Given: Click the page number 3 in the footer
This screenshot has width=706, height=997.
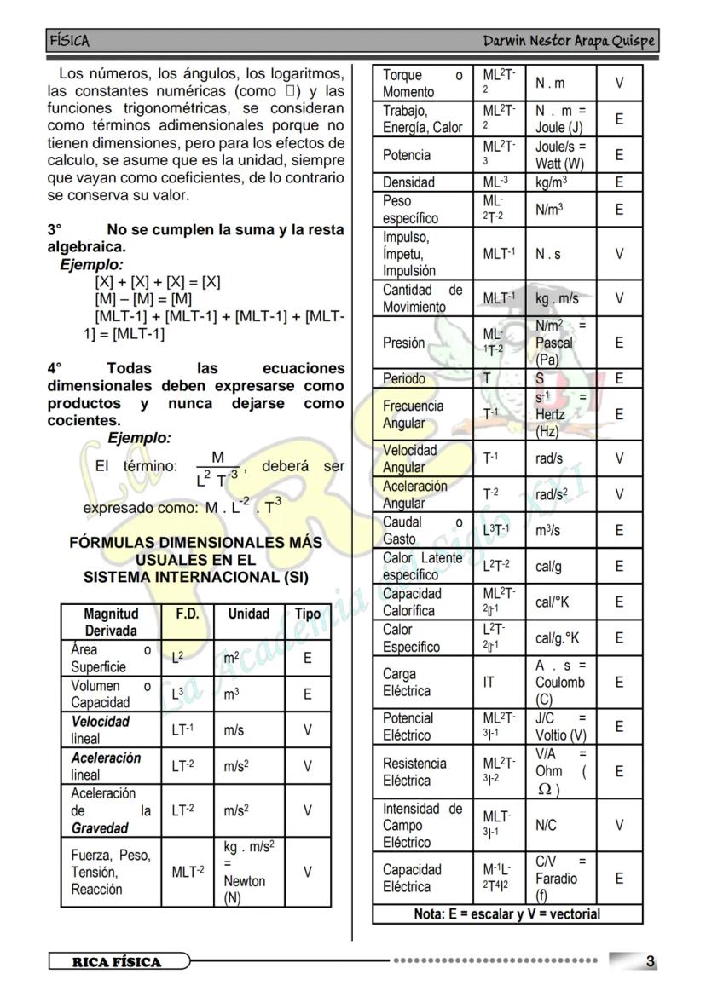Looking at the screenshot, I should tap(650, 961).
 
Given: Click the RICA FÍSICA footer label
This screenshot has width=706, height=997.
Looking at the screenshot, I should tap(117, 962).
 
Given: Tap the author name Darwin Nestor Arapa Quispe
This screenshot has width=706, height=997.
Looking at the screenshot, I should tap(568, 41).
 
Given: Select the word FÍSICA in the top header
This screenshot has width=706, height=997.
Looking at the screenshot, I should tap(69, 41).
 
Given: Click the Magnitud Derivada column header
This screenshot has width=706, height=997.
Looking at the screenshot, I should tap(111, 622).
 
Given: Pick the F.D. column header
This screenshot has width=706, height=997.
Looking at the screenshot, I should tap(187, 614).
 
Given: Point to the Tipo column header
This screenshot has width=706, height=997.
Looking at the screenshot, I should tap(307, 614).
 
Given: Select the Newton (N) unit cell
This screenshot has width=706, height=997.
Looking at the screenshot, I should tap(244, 872).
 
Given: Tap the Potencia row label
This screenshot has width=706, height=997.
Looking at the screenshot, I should tap(406, 155).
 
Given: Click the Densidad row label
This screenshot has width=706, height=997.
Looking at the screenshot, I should tap(408, 182).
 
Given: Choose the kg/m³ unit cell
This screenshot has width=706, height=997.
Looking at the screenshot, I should tap(552, 182).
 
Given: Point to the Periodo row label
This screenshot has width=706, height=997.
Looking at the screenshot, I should tap(403, 378).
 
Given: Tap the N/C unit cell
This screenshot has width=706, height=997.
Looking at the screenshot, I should tap(546, 825).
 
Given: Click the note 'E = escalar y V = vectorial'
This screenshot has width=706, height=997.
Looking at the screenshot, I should tap(507, 914).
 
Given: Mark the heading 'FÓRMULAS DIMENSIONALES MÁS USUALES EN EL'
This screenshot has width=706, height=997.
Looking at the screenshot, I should tap(195, 550).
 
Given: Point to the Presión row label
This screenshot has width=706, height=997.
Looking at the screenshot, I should tap(403, 343).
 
